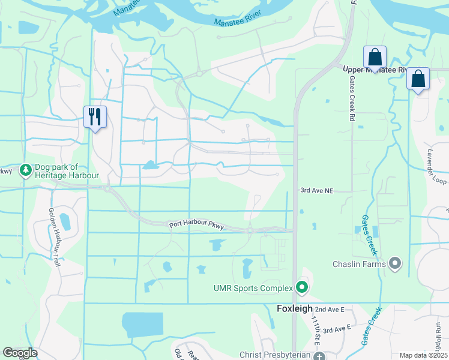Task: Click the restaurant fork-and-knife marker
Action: pos(95,116)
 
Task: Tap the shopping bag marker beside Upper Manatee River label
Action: pos(375,58)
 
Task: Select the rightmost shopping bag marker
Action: pos(418,79)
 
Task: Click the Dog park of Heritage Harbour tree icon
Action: pos(25,171)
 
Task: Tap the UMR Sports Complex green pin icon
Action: pos(301,289)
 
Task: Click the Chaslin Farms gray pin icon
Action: pos(394,263)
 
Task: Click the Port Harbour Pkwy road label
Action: pos(196,225)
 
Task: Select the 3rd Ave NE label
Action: pos(317,190)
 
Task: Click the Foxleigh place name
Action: pos(295,309)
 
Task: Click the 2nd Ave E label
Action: pos(329,309)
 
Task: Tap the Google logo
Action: pos(20,353)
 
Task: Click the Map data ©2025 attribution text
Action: pos(423,355)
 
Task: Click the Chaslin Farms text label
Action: pos(358,264)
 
